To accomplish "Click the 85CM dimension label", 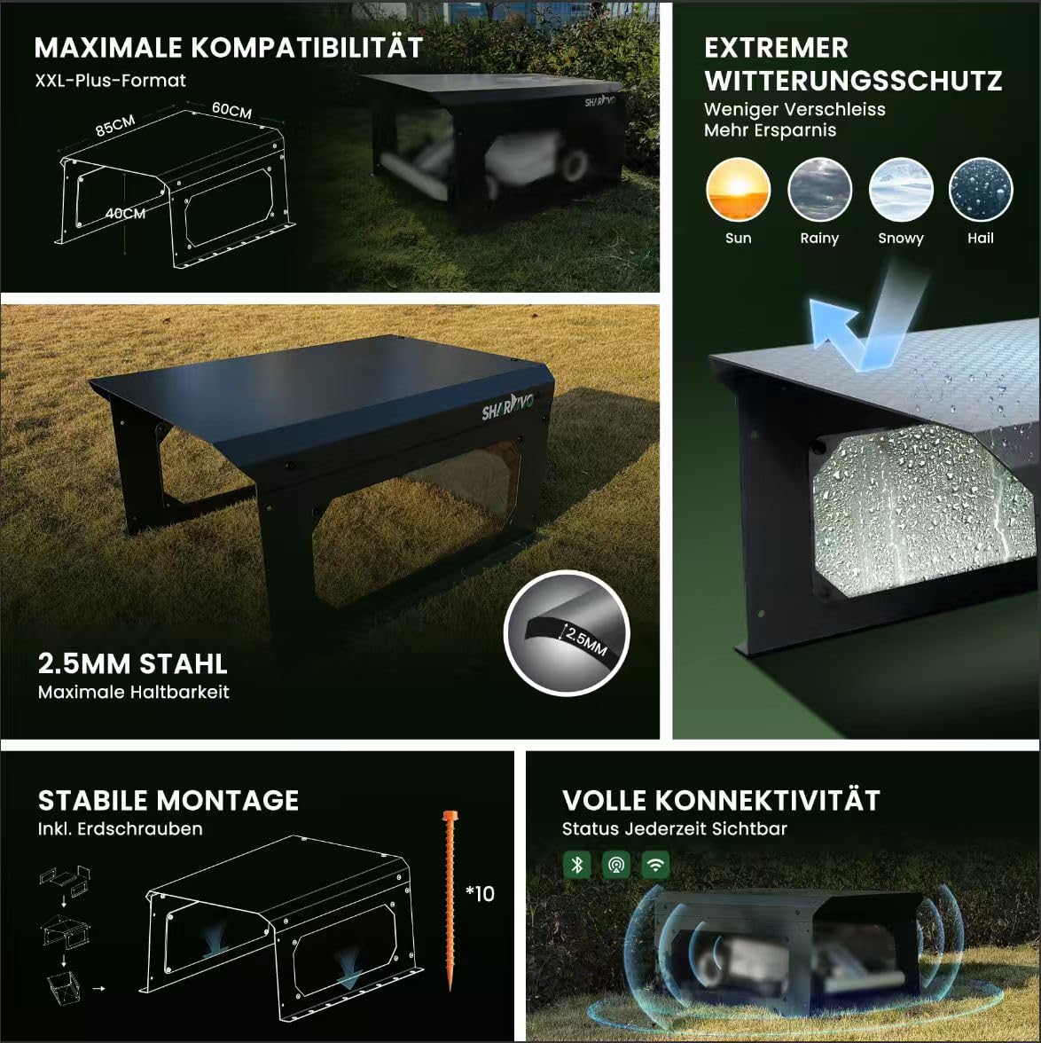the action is pos(115,124).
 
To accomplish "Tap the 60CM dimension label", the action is pos(232,110).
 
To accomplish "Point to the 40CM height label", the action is pos(125,214).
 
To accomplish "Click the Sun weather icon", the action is pos(739,190).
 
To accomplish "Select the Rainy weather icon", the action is pos(819,190).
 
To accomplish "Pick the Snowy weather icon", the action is pos(901,190).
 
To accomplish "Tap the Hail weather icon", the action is pos(981,190).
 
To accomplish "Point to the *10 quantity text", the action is pos(480,893).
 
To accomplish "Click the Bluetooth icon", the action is pos(576,865).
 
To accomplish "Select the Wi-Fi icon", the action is pos(656,865).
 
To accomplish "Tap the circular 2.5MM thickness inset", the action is pos(567,633).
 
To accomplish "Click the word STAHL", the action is pos(184,663).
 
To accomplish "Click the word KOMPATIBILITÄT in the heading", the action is pos(307,48).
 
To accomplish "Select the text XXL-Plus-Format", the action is pos(111,81).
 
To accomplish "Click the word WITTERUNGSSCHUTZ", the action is pos(853,81).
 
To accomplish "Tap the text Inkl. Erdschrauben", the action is pos(121,828).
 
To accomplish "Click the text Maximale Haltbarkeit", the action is pos(134,692).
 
